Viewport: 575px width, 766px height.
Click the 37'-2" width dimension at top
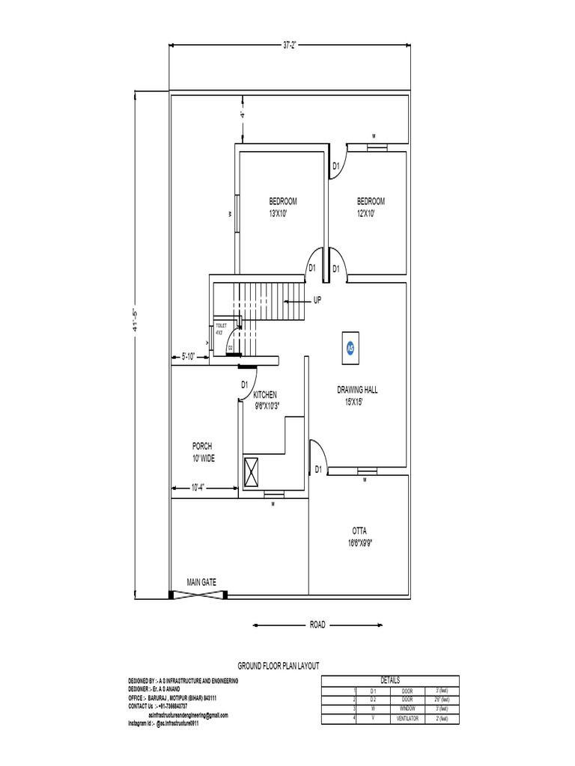[x=290, y=45]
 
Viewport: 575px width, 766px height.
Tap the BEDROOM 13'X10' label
[x=283, y=207]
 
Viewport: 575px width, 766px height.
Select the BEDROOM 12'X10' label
[x=371, y=207]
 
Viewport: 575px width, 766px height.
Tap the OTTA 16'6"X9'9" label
[x=359, y=536]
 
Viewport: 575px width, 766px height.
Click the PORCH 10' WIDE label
[x=202, y=453]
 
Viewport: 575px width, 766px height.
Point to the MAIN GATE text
[x=202, y=581]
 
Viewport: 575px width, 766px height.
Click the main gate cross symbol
[x=199, y=595]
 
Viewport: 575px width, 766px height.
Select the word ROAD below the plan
[x=317, y=625]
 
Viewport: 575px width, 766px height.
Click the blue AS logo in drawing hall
[x=350, y=348]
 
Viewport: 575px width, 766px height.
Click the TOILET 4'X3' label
[x=221, y=328]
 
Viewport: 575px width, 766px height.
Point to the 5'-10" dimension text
[x=188, y=357]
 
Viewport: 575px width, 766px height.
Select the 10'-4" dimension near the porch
[x=198, y=488]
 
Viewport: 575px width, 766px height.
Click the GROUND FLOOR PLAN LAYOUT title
[x=278, y=665]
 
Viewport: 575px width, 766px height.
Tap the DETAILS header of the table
[x=390, y=680]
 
